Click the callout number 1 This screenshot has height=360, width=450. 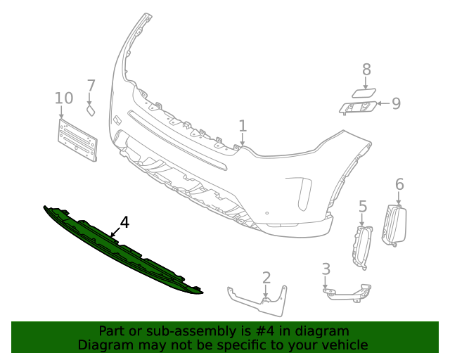click(243, 126)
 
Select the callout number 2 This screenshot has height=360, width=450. click(266, 277)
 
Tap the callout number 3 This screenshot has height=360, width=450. click(326, 269)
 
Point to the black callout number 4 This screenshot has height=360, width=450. click(124, 223)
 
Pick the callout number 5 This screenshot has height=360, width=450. click(363, 206)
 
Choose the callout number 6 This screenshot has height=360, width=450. click(399, 184)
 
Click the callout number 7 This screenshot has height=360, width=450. click(91, 86)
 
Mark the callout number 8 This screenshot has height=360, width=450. click(366, 69)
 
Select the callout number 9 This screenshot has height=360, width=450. click(396, 104)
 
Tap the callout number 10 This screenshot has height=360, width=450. click(63, 98)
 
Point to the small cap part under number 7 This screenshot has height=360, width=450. click(91, 110)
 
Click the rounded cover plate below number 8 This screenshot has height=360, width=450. click(363, 92)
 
